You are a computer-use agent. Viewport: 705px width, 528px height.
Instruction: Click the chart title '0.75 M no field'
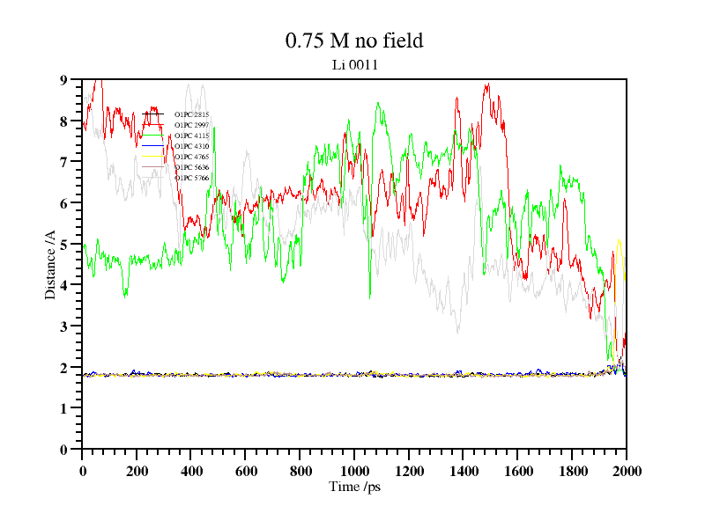coord(354,40)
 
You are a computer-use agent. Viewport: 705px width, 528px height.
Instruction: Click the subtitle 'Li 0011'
coord(354,64)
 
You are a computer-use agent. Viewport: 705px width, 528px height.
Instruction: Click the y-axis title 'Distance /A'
coord(51,264)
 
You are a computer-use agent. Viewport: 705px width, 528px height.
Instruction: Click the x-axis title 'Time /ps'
coord(354,487)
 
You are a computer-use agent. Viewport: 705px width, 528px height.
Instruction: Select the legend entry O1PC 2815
coord(191,114)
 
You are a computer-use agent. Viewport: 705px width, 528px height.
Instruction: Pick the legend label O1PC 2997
coord(191,125)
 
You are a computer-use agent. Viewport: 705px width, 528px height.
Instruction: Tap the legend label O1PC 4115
coord(191,136)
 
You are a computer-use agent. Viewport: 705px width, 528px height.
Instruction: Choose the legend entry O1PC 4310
coord(191,146)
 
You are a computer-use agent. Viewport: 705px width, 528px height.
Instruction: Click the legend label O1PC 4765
coord(191,157)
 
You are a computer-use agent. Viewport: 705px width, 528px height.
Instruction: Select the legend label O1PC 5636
coord(191,167)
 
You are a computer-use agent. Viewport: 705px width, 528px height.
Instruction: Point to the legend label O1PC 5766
coord(191,178)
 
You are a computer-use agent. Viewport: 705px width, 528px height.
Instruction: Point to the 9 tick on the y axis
coord(63,80)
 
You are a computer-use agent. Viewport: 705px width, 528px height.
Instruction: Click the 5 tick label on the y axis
coord(63,245)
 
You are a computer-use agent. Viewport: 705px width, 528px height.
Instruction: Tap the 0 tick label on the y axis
coord(63,450)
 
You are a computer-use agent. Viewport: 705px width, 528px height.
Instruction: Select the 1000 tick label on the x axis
coord(354,471)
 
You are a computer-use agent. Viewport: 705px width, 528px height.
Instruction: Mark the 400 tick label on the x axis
coord(191,471)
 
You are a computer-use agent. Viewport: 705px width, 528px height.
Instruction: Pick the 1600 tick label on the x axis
coord(517,471)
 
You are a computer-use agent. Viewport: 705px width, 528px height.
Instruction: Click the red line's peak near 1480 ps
coord(486,84)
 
